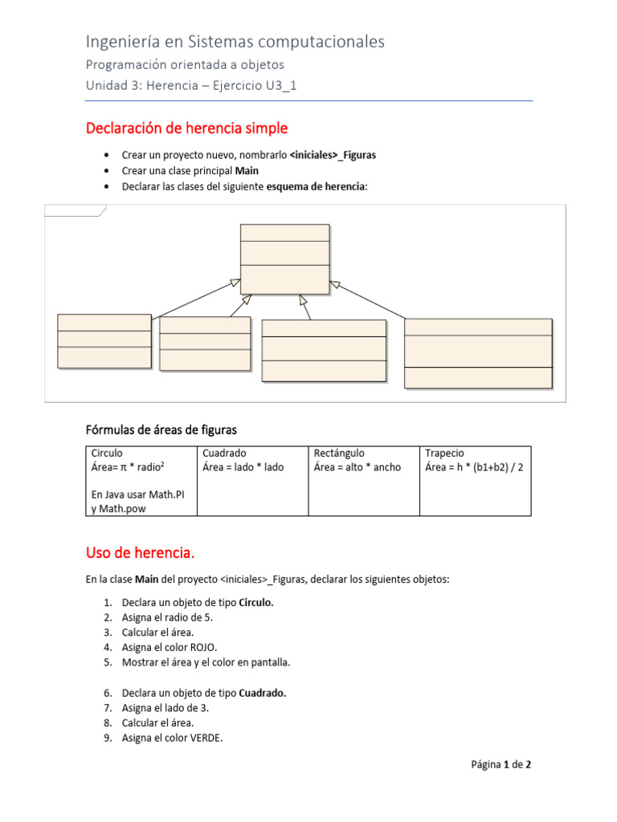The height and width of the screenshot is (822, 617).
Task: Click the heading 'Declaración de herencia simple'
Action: (x=186, y=128)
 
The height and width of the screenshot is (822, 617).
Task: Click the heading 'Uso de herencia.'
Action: (x=140, y=553)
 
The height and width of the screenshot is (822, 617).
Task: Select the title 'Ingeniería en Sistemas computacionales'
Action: (x=235, y=42)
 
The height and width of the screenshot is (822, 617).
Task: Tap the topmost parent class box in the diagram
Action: (x=284, y=258)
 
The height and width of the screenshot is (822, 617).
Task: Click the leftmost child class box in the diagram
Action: (x=104, y=341)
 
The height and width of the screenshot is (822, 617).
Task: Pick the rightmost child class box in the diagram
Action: (x=478, y=353)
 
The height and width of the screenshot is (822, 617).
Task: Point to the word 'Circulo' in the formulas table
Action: (x=108, y=454)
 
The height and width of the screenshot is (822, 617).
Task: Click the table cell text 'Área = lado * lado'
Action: (x=243, y=467)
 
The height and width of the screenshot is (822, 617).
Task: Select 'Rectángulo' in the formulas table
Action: (x=339, y=454)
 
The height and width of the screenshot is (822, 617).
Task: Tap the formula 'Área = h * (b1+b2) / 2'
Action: (x=474, y=467)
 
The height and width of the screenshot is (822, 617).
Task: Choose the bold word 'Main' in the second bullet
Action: (x=247, y=171)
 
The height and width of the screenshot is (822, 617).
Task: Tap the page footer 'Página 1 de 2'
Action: (x=501, y=765)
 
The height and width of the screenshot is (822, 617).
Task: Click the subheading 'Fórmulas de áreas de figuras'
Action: (x=161, y=430)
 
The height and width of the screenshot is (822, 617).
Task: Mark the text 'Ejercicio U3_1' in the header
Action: (x=255, y=87)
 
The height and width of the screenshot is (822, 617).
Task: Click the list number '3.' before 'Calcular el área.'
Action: (x=108, y=632)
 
